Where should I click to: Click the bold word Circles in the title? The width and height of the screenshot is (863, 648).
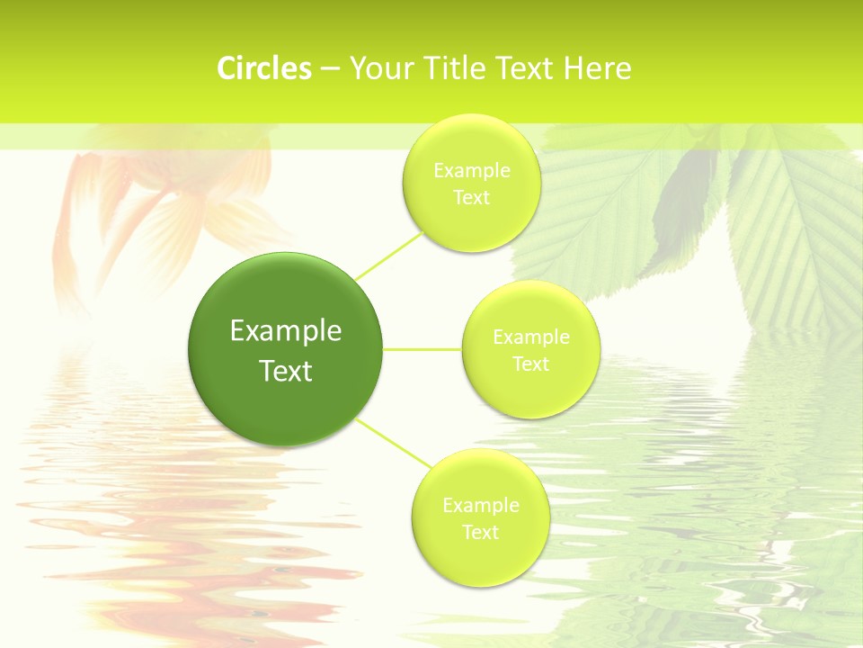(x=264, y=68)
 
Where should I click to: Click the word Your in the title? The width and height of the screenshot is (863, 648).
(x=377, y=68)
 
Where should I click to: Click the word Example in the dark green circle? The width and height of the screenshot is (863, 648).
(x=286, y=331)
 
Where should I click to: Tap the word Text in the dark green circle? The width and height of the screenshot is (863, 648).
(x=286, y=371)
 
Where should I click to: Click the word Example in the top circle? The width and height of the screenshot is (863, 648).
(x=472, y=170)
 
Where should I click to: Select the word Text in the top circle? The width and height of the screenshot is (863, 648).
(x=472, y=197)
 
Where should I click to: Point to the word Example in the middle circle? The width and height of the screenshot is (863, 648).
(x=531, y=337)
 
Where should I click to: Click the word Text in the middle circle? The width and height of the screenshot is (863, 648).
(x=531, y=364)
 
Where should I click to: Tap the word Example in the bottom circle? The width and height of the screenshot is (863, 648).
(x=481, y=505)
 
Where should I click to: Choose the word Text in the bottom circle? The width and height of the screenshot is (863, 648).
(x=481, y=532)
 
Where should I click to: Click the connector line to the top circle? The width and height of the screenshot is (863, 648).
(x=388, y=255)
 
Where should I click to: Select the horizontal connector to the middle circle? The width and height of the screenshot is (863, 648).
(x=423, y=349)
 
